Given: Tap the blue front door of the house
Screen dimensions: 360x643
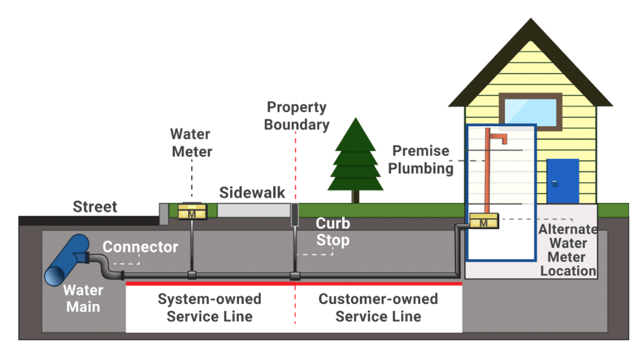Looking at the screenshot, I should [562, 181].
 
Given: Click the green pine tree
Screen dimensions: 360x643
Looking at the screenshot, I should [355, 156].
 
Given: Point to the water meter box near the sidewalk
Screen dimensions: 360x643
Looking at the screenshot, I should [192, 211].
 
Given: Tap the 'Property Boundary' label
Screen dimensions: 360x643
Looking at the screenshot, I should [297, 116].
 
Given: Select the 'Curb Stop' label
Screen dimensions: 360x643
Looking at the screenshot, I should [333, 232].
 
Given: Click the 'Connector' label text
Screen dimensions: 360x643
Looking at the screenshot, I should [140, 247].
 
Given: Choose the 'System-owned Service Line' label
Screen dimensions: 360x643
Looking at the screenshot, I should [209, 308].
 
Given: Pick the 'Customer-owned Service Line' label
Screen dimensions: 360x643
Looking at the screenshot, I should [378, 308].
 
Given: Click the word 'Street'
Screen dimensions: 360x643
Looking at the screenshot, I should [95, 207].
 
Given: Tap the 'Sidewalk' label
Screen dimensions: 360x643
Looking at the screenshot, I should [252, 193].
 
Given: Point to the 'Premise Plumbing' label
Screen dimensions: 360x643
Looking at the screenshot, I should [421, 159].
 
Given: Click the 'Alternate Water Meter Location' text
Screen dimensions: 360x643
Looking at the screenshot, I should [568, 250].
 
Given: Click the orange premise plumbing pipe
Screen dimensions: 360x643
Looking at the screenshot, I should [487, 171].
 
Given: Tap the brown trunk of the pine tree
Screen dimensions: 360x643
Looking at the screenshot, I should [355, 196].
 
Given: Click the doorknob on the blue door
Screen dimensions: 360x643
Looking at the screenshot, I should [555, 183].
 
